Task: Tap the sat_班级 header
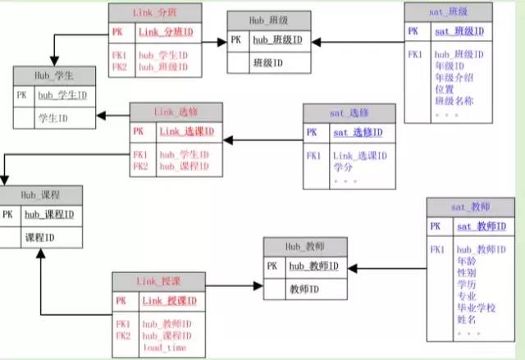(449, 13)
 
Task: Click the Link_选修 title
(175, 112)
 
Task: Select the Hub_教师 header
(304, 246)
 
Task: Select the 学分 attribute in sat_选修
(342, 167)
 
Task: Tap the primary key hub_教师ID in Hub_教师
(313, 267)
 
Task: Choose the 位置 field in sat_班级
(444, 89)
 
